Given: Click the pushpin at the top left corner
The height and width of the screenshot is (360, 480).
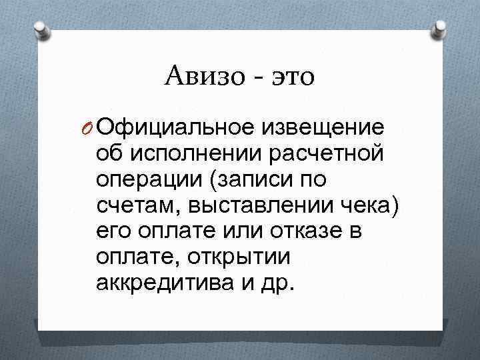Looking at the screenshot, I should (x=39, y=30).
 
